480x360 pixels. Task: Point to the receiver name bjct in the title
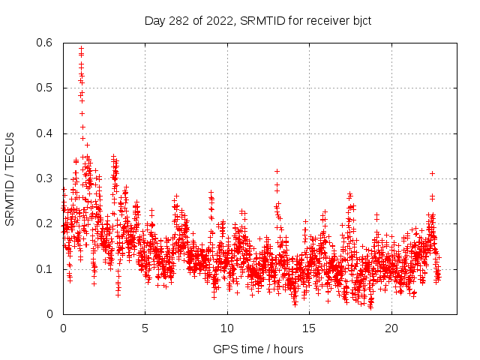[359, 20]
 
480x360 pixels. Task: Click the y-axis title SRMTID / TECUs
[10, 178]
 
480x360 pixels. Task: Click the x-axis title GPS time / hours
[257, 349]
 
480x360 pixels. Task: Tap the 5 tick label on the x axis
[145, 328]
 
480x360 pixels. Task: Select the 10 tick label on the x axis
[227, 328]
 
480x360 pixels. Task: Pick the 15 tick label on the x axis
[309, 328]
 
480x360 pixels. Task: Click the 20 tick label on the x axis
[391, 328]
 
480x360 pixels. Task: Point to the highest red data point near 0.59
[81, 49]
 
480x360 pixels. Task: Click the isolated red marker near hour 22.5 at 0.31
[432, 173]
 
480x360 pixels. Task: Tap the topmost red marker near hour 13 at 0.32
[277, 171]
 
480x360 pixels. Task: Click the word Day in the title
[154, 20]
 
